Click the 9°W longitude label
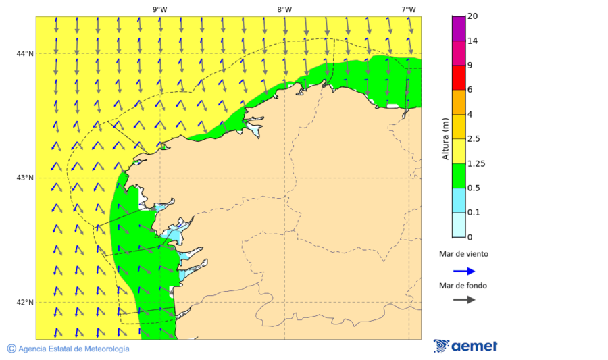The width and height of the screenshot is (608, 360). click(159, 9)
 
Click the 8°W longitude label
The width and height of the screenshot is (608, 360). click(284, 9)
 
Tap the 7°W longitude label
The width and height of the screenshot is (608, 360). click(408, 9)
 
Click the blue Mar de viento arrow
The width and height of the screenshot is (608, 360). click(464, 271)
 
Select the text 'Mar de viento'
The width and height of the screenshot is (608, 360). click(463, 255)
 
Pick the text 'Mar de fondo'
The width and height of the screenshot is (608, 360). click(463, 285)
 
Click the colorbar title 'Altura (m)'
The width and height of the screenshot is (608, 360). click(445, 139)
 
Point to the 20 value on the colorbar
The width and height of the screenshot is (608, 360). click(473, 16)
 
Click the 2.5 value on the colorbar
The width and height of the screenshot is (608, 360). click(475, 139)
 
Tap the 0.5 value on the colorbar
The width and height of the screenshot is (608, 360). click(475, 188)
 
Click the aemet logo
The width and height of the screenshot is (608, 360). click(465, 346)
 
